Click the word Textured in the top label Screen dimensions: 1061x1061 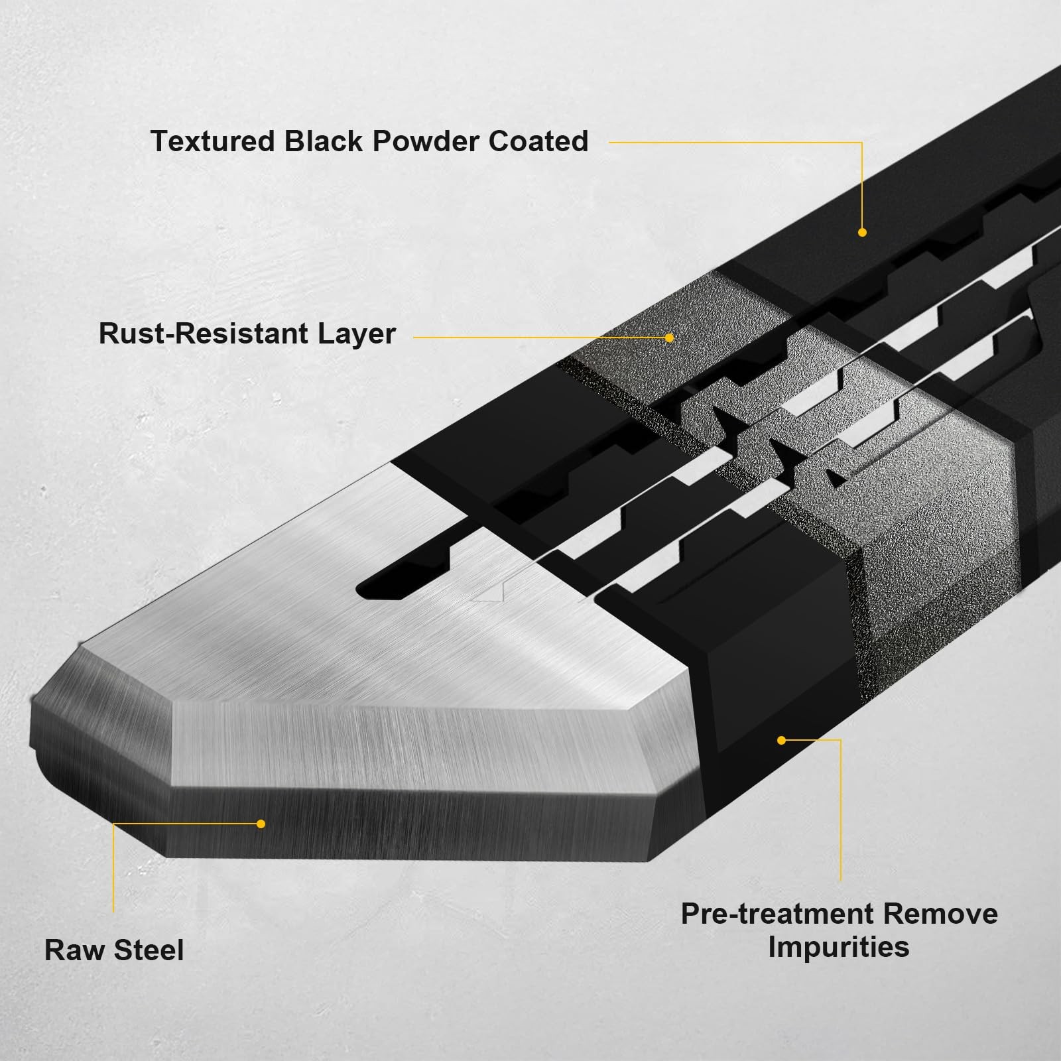coord(212,142)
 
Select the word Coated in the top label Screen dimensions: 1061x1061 coord(538,142)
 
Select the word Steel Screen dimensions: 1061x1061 coord(149,950)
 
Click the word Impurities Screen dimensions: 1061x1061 coord(839,947)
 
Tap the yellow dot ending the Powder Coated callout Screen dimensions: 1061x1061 coord(862,232)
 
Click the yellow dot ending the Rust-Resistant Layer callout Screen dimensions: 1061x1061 coord(669,338)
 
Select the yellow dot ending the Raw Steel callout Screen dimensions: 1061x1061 coord(261,824)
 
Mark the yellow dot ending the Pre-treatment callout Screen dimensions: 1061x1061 coord(781,740)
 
